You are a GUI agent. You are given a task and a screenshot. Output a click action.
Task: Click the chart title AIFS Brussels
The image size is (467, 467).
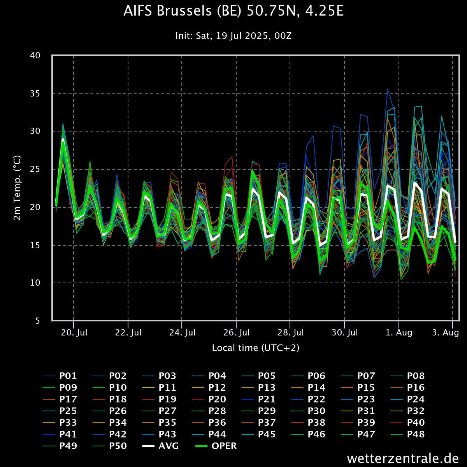pyautogui.click(x=233, y=11)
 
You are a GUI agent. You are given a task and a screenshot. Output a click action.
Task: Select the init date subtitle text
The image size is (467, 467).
pyautogui.click(x=233, y=36)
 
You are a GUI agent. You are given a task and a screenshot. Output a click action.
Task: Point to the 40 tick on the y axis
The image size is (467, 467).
pyautogui.click(x=35, y=56)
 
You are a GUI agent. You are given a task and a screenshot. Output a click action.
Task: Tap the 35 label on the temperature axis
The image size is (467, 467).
pyautogui.click(x=35, y=93)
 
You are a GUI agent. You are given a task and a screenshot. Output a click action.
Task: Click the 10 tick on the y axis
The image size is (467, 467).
pyautogui.click(x=35, y=283)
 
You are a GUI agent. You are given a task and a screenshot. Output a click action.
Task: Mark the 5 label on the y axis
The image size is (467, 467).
pyautogui.click(x=38, y=321)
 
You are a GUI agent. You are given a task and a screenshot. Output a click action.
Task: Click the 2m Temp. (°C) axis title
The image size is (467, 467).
pyautogui.click(x=17, y=188)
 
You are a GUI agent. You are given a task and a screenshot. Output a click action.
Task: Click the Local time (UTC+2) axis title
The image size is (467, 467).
pyautogui.click(x=256, y=348)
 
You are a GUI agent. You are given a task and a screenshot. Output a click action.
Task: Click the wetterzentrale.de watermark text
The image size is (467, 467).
pyautogui.click(x=403, y=458)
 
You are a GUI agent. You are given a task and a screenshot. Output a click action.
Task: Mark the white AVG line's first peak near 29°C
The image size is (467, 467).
pyautogui.click(x=63, y=139)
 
